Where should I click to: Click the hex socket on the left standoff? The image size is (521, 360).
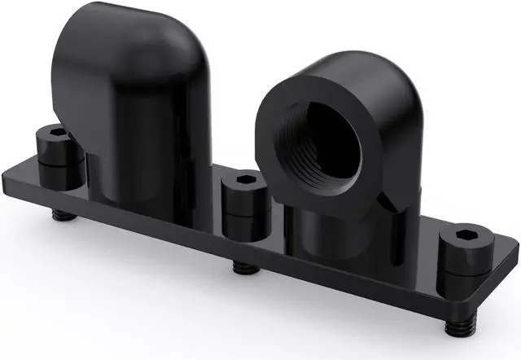click(x=55, y=132)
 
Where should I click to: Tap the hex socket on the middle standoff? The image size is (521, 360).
click(x=243, y=179)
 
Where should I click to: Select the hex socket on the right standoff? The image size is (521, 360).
click(x=468, y=234)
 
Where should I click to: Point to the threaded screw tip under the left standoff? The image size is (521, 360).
click(x=59, y=216)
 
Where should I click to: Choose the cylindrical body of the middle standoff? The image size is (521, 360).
click(x=243, y=210)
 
